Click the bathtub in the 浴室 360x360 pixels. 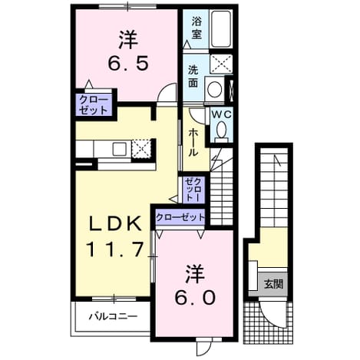click(221, 28)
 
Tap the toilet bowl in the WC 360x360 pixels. click(221, 130)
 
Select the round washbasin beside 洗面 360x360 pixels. click(214, 89)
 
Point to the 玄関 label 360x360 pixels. click(273, 284)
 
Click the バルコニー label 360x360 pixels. click(113, 317)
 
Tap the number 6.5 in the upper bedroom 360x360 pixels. click(128, 64)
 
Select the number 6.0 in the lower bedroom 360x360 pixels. click(195, 298)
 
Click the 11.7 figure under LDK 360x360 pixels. click(114, 249)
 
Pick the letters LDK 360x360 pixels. click(115, 223)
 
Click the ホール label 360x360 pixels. click(193, 143)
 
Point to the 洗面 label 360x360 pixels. click(193, 77)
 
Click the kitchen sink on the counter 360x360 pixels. click(119, 149)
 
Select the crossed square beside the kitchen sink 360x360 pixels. click(140, 149)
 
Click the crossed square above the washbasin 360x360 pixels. click(221, 64)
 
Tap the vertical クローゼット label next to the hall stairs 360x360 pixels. click(195, 190)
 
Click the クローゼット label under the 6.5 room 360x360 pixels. click(93, 105)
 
